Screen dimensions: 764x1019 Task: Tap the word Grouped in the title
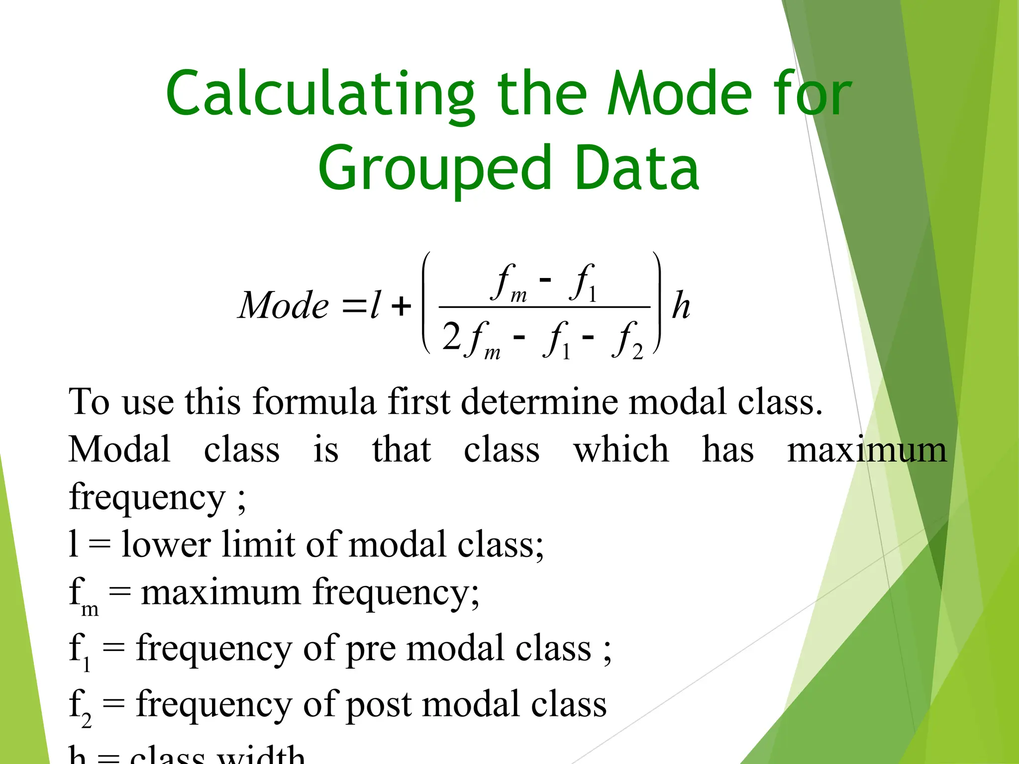(435, 169)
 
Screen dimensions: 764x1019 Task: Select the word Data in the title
(636, 169)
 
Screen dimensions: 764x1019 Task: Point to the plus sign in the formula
(401, 306)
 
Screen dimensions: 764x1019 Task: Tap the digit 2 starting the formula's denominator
(451, 337)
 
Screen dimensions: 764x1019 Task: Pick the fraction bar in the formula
(544, 307)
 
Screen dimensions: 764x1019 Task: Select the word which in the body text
(621, 450)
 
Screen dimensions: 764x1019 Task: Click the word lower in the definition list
(166, 544)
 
